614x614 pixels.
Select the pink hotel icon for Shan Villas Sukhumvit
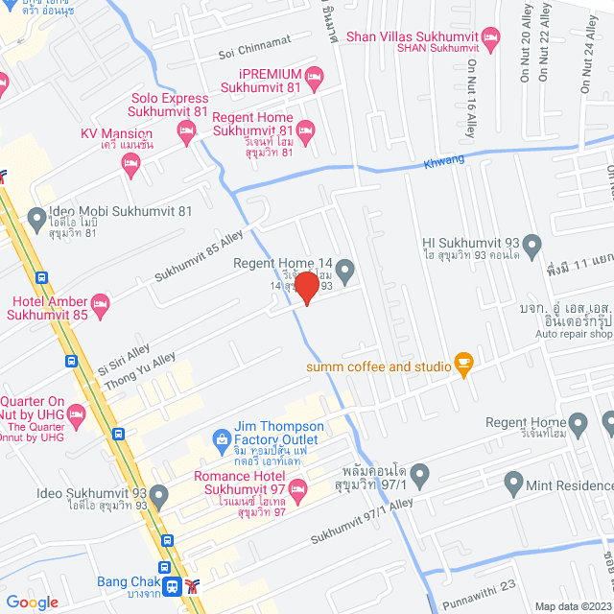coord(491,39)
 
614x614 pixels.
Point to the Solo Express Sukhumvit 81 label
coord(172,106)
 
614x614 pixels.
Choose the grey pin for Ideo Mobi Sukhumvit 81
coord(36,218)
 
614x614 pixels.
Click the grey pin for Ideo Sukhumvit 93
coord(159,496)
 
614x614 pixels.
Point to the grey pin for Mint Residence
coord(511,486)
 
